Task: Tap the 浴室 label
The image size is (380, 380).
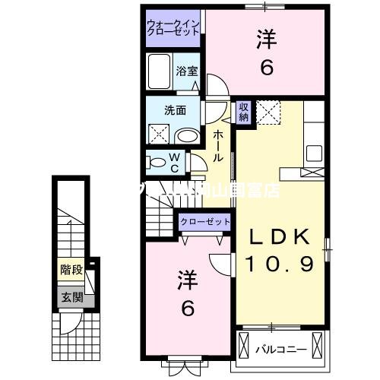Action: tap(186, 71)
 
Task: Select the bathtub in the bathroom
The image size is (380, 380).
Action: tap(160, 74)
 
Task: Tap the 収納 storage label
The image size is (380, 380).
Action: tap(244, 112)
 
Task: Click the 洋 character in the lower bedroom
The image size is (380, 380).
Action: tap(188, 280)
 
